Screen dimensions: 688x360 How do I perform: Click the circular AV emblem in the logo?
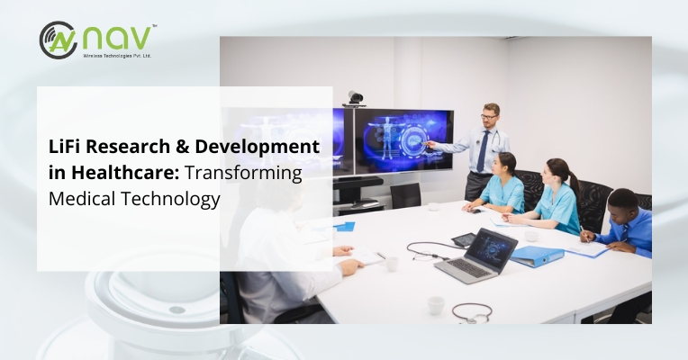pos(58,40)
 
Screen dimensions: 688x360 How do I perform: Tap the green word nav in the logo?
pos(117,39)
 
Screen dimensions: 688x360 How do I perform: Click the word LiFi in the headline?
pos(65,146)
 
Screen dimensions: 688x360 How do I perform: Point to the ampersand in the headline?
pos(183,147)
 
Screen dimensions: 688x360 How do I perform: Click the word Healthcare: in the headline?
pos(125,172)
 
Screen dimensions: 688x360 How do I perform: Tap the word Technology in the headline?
pos(170,200)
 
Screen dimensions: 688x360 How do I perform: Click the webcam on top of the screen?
pos(355,98)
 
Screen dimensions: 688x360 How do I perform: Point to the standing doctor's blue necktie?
pos(483,152)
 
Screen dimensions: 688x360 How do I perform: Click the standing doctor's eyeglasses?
pos(489,117)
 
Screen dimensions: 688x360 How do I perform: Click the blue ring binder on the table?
pos(537,256)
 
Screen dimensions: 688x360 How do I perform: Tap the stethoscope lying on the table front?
pos(472,312)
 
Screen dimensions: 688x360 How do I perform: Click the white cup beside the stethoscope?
pos(436,305)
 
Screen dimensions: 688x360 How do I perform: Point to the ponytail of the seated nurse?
pos(574,184)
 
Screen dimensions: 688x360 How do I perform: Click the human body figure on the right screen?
pos(386,137)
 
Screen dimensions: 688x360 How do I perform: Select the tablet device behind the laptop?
pos(464,239)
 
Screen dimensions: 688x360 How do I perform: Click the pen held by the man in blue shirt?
pos(584,234)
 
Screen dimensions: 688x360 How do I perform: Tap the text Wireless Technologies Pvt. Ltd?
pos(117,56)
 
